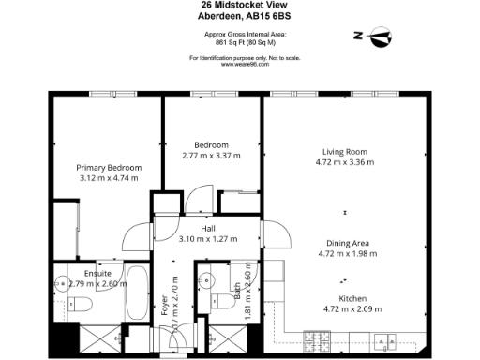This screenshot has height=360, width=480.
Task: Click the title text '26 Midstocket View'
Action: coord(240,5)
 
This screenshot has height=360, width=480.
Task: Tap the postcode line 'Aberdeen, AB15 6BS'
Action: coord(240,16)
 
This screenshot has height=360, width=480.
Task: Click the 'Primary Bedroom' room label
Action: coord(109,168)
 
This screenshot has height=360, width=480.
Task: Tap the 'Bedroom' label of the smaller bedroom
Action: coord(211,144)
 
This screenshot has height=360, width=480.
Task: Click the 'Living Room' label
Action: coord(344,151)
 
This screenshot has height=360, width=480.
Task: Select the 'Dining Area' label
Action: coord(346,242)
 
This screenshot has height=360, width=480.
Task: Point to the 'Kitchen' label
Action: coord(346,298)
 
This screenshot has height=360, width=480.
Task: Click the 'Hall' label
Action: coord(209,228)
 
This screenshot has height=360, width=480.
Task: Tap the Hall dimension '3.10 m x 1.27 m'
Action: coord(209,239)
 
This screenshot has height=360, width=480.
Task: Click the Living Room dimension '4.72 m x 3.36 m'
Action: coord(345,162)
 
